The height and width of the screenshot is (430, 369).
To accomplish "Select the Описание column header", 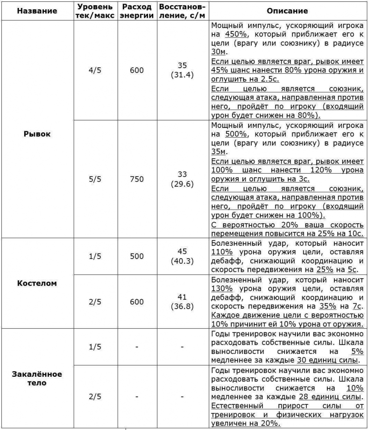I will pyautogui.click(x=287, y=10).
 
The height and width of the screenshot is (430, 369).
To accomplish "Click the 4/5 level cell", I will pyautogui.click(x=95, y=70).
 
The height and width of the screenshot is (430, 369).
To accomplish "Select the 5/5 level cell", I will pyautogui.click(x=95, y=179).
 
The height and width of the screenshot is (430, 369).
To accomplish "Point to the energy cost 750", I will pyautogui.click(x=137, y=179).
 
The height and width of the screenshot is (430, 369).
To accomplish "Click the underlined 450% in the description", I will pyautogui.click(x=234, y=35).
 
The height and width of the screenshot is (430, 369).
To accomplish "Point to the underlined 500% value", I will pyautogui.click(x=234, y=134).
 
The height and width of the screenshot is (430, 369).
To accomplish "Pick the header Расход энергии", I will pyautogui.click(x=137, y=10).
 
